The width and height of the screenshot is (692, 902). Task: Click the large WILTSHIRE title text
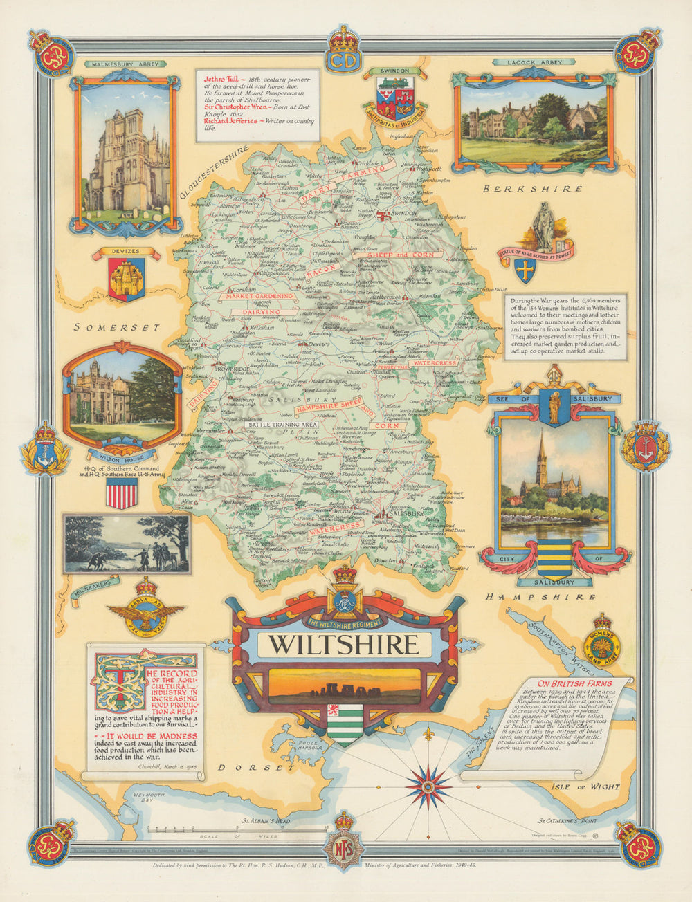click(x=344, y=644)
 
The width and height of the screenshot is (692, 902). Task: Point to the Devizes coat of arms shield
click(x=126, y=279)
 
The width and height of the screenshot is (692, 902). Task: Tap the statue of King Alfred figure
click(x=545, y=228)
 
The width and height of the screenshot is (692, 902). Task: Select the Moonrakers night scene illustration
click(x=127, y=544)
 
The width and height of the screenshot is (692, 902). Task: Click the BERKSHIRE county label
click(x=532, y=189)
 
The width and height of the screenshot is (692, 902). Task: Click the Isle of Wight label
click(x=585, y=786)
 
